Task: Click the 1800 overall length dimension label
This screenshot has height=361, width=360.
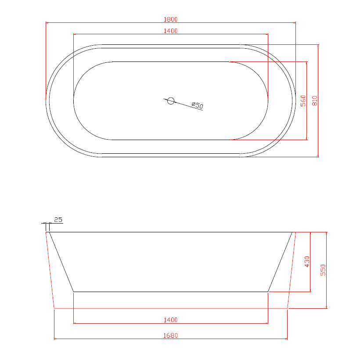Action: point(171,19)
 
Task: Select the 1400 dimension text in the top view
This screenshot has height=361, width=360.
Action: point(171,31)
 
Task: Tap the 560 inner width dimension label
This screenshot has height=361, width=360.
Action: point(303,101)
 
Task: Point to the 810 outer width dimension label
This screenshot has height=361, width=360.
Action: point(315,101)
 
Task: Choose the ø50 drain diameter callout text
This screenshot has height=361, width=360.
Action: point(198,105)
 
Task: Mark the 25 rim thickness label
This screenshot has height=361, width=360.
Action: point(58,220)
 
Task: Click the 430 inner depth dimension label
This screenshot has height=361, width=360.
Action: point(307,262)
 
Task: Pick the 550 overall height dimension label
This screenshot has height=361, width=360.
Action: point(323,270)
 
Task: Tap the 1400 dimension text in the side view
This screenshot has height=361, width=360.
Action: point(171,320)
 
